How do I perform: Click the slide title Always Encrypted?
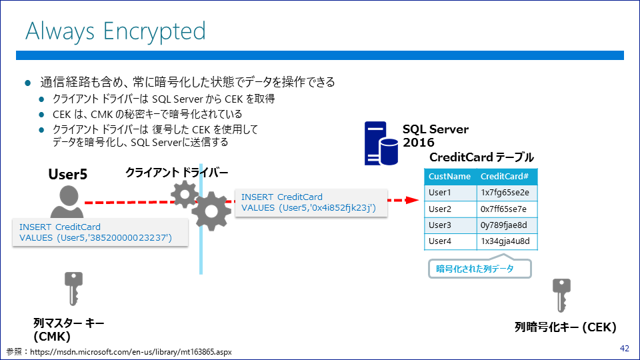coord(115,32)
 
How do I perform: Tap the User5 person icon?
coord(67,201)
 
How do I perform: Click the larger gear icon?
coord(211,211)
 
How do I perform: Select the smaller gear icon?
coord(185,194)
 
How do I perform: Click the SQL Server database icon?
coord(381,143)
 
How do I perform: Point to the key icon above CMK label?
coord(73,289)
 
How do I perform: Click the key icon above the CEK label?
coord(561,295)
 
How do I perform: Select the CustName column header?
coord(450,176)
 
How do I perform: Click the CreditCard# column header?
coord(507,176)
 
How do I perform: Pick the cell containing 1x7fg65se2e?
coord(507,193)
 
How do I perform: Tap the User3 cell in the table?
coord(450,225)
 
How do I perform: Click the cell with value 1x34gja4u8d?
coord(507,241)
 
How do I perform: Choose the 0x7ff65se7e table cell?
coord(507,209)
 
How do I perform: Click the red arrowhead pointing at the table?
coord(412,200)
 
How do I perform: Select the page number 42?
coord(625,348)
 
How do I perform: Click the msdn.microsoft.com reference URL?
coord(131,352)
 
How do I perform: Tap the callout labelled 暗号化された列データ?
coord(479,268)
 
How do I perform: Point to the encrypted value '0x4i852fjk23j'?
coord(341,208)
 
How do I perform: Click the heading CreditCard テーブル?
coord(481,157)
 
